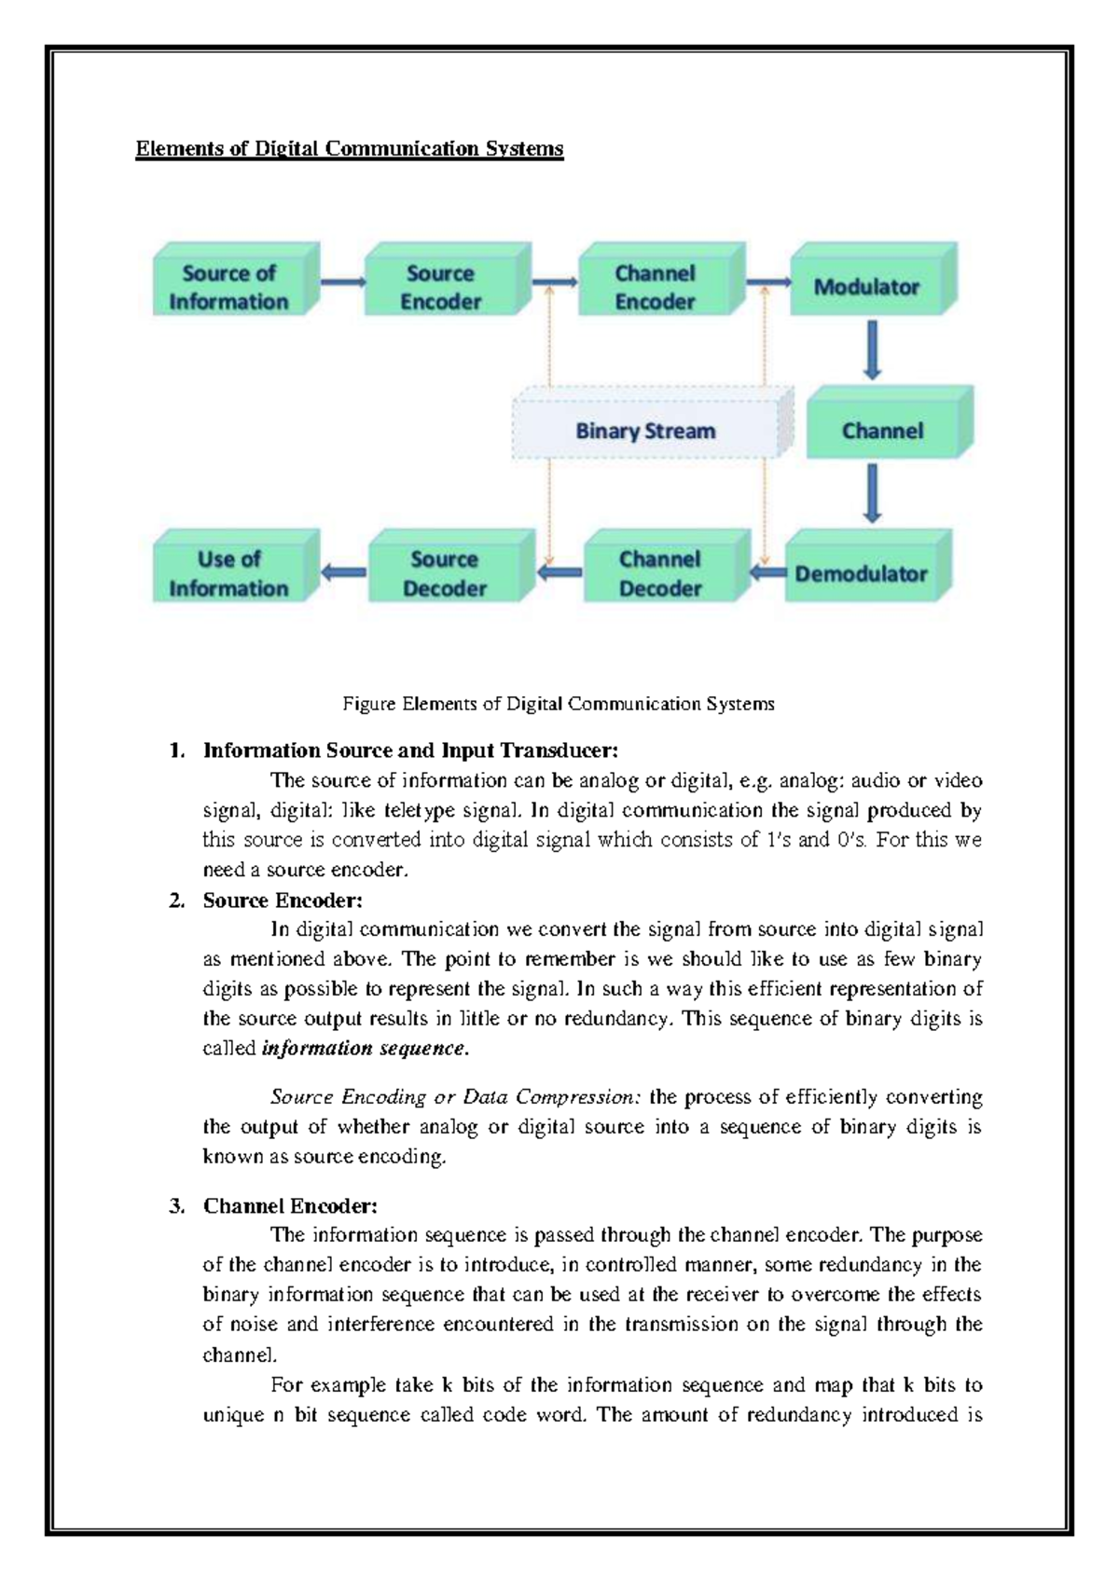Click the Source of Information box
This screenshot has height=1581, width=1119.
[x=229, y=287]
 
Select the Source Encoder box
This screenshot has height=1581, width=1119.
[x=441, y=287]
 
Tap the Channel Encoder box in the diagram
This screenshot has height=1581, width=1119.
[x=655, y=287]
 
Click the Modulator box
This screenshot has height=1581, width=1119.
[x=866, y=287]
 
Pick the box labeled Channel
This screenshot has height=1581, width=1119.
[x=882, y=431]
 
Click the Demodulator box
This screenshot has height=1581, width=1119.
[x=861, y=573]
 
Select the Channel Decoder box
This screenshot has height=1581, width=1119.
[x=659, y=573]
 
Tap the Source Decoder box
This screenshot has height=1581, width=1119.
[x=444, y=573]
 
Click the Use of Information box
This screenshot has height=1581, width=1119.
[x=229, y=573]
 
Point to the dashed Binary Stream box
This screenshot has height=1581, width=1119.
[x=645, y=431]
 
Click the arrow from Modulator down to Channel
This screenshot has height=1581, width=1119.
[x=872, y=351]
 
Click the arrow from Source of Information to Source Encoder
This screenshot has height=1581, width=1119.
[x=343, y=281]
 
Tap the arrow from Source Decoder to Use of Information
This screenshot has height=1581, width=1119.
[x=343, y=571]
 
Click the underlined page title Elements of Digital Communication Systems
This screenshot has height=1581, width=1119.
[x=350, y=149]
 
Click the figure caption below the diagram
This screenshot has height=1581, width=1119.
[x=558, y=704]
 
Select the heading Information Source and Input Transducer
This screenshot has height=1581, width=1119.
[x=410, y=750]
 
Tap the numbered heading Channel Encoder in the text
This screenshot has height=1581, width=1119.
[x=290, y=1206]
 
